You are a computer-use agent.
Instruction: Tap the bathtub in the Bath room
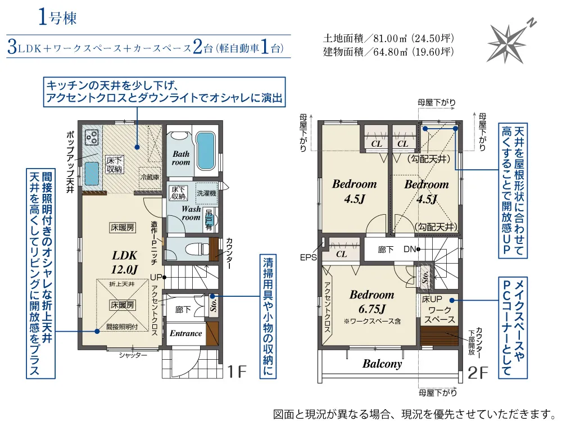click(205, 152)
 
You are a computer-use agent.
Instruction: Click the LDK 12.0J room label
click(124, 262)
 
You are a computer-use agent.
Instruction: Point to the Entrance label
click(185, 333)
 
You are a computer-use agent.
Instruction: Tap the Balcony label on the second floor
click(382, 364)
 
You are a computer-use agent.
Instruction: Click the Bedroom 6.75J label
click(371, 301)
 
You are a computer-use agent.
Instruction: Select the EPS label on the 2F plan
click(308, 257)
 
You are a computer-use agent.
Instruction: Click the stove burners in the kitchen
click(92, 137)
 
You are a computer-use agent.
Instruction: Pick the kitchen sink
click(92, 174)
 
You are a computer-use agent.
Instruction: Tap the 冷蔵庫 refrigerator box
click(150, 177)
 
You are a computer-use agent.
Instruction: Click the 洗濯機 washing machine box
click(206, 193)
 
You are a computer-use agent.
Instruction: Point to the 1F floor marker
click(237, 372)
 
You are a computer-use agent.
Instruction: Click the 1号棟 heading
click(57, 18)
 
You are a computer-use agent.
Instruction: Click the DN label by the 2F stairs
click(410, 249)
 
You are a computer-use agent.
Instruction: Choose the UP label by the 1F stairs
click(156, 277)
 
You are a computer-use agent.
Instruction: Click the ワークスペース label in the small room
click(439, 315)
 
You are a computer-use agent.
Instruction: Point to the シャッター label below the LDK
click(133, 355)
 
